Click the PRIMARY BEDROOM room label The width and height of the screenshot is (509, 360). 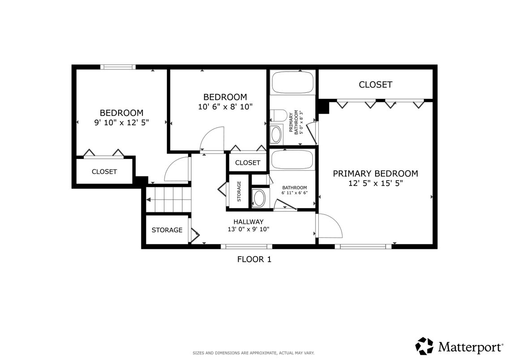[375, 174]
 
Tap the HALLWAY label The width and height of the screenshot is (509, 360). [248, 222]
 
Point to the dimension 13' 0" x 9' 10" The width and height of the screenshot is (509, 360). [248, 229]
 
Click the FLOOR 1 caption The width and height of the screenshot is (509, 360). [254, 259]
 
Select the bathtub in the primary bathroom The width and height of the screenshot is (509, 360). [293, 82]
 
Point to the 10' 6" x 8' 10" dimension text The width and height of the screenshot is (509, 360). [225, 107]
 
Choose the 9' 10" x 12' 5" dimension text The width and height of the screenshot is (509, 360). [121, 122]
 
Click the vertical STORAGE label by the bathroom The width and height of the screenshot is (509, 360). [239, 191]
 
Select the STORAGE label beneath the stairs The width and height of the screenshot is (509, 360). [167, 230]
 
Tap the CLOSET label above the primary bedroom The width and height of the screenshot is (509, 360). [375, 85]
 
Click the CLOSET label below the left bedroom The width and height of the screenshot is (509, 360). [104, 171]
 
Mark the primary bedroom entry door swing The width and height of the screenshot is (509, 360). [329, 226]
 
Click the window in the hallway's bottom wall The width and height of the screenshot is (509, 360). [246, 246]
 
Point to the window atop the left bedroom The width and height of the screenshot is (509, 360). [118, 67]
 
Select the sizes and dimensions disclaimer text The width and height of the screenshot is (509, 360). [253, 353]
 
